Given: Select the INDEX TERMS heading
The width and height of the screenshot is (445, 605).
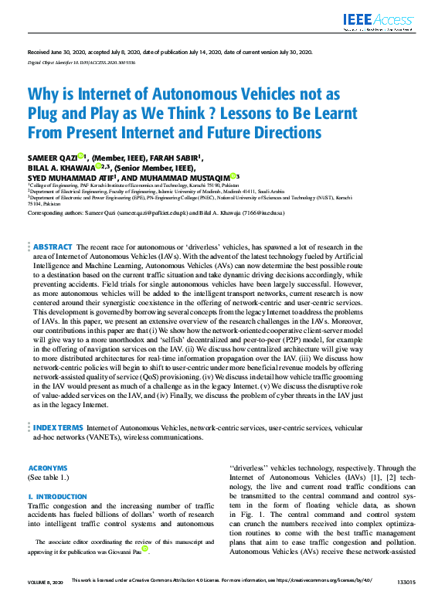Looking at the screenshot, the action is coord(57,427).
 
